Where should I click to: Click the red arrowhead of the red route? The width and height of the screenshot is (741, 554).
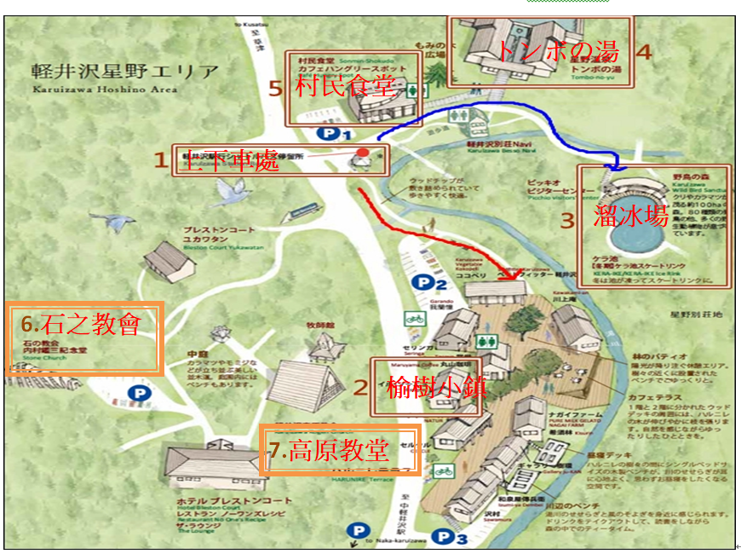click(x=513, y=274)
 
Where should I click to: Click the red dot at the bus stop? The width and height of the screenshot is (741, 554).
click(x=363, y=154)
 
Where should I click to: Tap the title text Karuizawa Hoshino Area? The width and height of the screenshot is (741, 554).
click(x=106, y=89)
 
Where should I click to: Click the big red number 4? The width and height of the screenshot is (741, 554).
click(x=644, y=51)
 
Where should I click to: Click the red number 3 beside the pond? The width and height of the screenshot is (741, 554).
click(x=568, y=218)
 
